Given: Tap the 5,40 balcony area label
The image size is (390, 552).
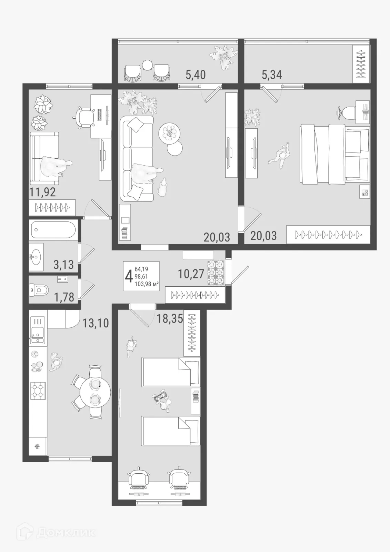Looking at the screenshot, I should point(196,75).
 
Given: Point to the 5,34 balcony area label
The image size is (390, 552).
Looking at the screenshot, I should point(272,75).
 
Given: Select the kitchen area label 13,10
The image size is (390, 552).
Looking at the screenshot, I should point(96,323).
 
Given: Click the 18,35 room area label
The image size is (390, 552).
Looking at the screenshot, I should point(170,318).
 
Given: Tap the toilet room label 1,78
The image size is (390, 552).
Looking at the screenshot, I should point(64,297).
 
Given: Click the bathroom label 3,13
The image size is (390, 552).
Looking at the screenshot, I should point(63,265).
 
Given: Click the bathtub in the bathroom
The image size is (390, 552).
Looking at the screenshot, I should point(53,230).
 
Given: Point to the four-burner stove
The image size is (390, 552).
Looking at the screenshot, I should point(38,390).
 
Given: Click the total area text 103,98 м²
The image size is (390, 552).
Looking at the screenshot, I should point(147,284).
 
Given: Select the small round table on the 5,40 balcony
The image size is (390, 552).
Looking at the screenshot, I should point(147,65).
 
